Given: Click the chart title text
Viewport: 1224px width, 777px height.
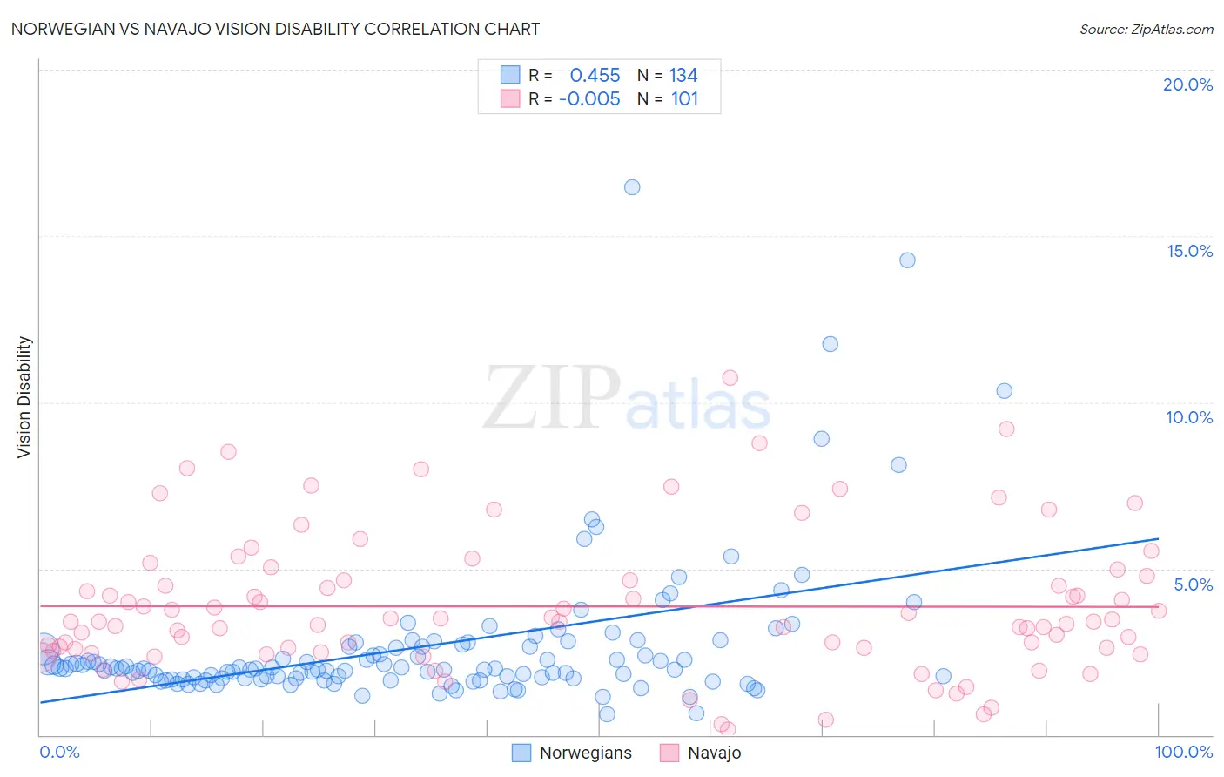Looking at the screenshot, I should click(x=275, y=29).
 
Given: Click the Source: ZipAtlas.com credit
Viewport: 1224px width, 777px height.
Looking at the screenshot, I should click(x=1146, y=29).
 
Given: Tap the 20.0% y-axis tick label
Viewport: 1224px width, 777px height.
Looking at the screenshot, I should click(x=1187, y=84).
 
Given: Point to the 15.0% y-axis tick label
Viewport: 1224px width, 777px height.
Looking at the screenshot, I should click(x=1189, y=251).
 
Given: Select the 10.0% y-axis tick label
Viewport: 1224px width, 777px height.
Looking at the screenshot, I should click(x=1189, y=417).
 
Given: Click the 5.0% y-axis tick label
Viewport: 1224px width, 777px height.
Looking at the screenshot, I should click(x=1193, y=584).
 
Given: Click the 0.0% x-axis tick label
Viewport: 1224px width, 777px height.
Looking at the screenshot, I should click(x=59, y=752).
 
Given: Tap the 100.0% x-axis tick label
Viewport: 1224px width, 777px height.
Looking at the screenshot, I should click(x=1184, y=752).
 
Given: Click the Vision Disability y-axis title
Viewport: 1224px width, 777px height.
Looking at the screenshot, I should click(x=24, y=397).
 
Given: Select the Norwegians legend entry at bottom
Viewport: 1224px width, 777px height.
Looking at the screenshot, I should click(x=585, y=753).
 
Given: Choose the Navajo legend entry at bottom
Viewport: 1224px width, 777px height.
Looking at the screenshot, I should click(x=714, y=753).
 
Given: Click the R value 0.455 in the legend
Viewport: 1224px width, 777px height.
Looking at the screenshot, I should click(x=595, y=76).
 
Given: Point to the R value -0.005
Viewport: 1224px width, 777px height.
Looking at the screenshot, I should click(x=589, y=99).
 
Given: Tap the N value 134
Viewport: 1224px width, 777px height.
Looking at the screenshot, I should click(x=683, y=76).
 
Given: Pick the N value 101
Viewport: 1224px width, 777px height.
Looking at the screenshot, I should click(x=684, y=99).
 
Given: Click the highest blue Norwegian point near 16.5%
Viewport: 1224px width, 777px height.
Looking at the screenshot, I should click(x=632, y=187).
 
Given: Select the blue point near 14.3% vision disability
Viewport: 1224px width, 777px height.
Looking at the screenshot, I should click(x=907, y=260).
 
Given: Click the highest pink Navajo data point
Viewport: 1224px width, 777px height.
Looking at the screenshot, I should click(x=730, y=378).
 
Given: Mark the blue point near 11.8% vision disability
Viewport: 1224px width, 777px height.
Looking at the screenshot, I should click(x=831, y=344).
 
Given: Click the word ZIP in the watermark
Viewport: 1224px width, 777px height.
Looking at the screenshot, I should click(x=552, y=398).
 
